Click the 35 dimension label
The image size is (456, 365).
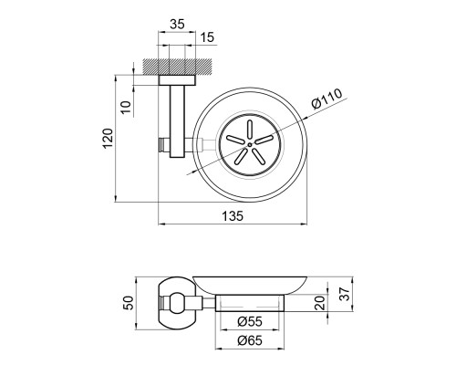(177, 24)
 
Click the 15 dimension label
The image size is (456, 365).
(207, 37)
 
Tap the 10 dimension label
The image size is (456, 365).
(126, 107)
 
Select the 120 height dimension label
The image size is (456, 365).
(108, 138)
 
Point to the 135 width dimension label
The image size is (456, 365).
(233, 216)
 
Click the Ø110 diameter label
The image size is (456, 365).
(326, 99)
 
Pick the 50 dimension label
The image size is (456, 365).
(130, 303)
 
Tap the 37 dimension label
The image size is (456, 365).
(345, 294)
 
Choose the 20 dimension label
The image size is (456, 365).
(320, 303)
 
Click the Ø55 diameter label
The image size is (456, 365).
(250, 321)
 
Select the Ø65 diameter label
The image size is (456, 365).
(250, 340)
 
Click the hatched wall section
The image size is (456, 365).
(177, 66)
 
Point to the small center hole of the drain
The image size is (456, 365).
(250, 145)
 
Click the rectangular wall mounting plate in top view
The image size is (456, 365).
(177, 79)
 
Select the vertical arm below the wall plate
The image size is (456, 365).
(177, 121)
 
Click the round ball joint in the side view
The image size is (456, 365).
(177, 303)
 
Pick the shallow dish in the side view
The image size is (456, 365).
(250, 286)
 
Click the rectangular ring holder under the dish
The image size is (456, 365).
(250, 303)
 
